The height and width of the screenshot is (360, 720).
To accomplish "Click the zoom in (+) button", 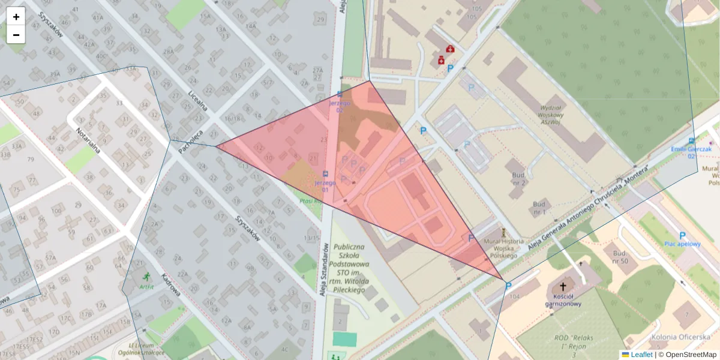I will click(16, 17).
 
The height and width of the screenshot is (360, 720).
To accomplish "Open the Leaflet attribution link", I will click(641, 355).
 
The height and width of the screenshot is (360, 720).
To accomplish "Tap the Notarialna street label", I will click(88, 140).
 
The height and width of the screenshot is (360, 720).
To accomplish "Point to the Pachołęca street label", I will click(191, 141).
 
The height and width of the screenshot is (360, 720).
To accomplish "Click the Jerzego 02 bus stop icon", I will click(340, 94).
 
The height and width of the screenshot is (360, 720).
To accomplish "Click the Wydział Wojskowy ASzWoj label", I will click(550, 114).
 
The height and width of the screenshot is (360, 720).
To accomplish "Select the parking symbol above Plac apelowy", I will click(682, 236).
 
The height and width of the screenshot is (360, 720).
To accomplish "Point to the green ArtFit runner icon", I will click(146, 277).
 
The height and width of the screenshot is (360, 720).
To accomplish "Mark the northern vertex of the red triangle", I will click(368, 80).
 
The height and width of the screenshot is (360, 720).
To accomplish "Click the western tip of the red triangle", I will click(217, 146).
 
